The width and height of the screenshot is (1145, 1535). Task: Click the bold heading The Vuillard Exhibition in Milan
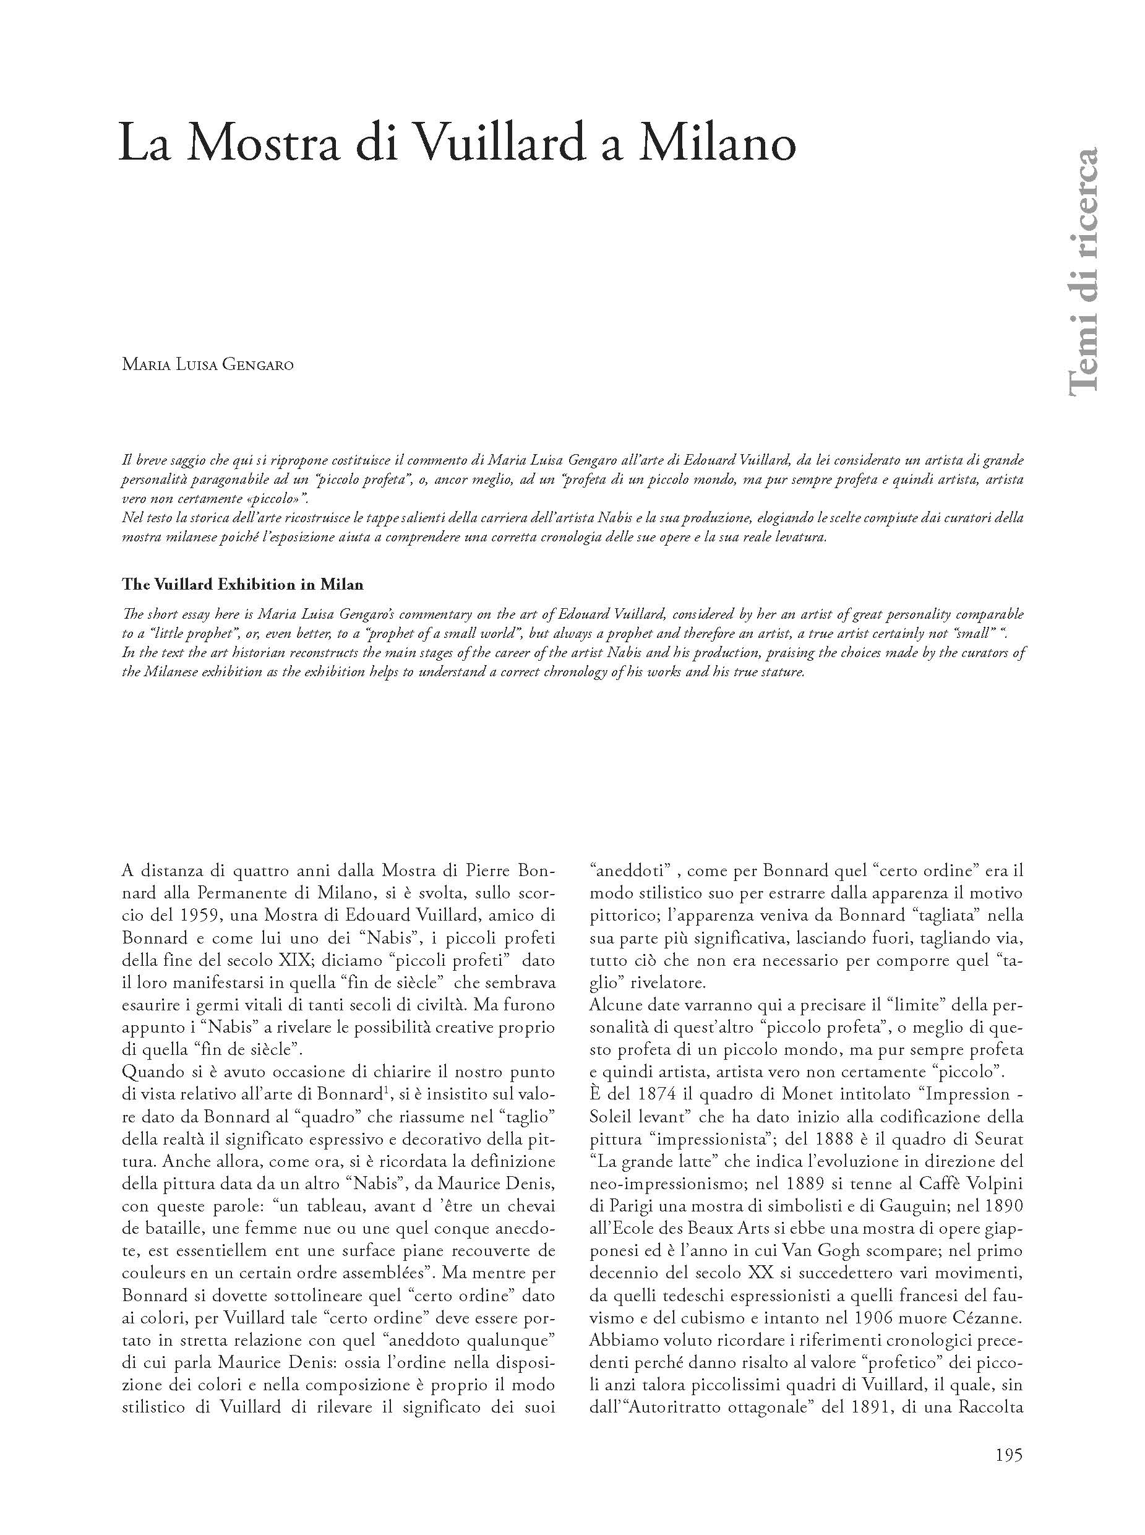pyautogui.click(x=242, y=585)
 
